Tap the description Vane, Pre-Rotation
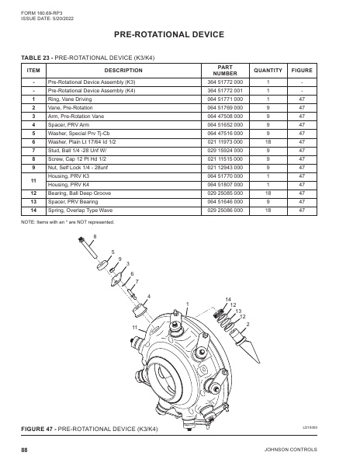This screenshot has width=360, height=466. tap(75, 108)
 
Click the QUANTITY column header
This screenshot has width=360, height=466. tap(268, 70)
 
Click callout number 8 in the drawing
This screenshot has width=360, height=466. tap(95, 236)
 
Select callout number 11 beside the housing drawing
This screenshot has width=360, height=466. tap(134, 328)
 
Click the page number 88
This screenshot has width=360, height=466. tap(25, 450)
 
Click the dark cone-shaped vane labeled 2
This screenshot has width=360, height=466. tap(254, 342)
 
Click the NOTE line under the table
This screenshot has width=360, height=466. tap(70, 223)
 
